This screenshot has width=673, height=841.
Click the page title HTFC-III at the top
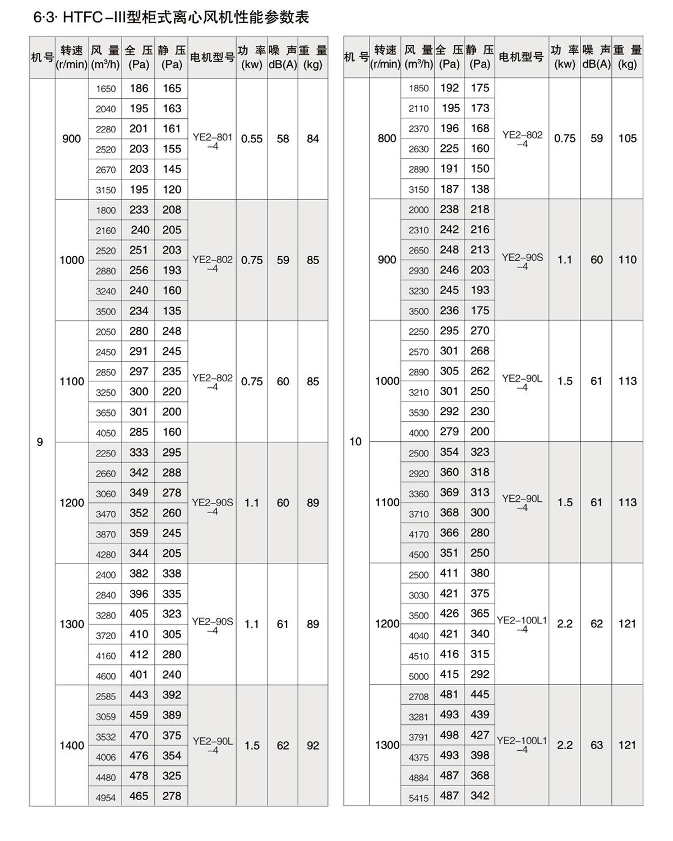point(171,17)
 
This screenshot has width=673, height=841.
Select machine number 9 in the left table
point(40,442)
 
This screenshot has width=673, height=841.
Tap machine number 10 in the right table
point(356,441)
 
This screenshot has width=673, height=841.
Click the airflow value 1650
point(105,89)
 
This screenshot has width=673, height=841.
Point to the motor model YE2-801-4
point(212,141)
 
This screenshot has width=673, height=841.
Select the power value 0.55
point(252,139)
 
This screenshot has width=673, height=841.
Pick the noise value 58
point(283,139)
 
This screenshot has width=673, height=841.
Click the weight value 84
point(313,139)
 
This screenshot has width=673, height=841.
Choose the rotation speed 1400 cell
point(72,746)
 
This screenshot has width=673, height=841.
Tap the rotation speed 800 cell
point(387,138)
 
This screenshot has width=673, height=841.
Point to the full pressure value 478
point(139,776)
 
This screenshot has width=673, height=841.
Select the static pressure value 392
point(172,695)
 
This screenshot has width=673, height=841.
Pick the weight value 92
point(313,746)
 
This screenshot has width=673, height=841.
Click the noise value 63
point(596,745)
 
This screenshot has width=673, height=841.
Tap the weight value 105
point(628,138)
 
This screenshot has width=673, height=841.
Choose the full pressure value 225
point(449,149)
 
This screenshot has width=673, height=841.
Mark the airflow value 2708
point(418,696)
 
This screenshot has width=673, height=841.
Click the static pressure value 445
point(480,695)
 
